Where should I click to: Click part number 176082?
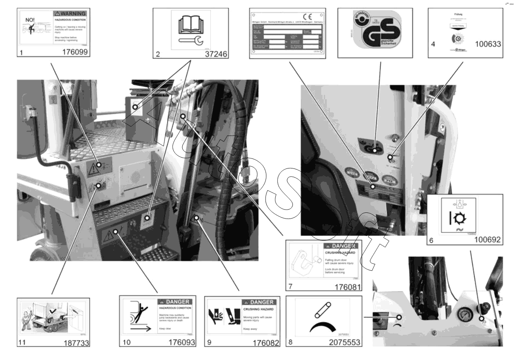coord(266,342)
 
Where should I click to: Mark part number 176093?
coord(181,342)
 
